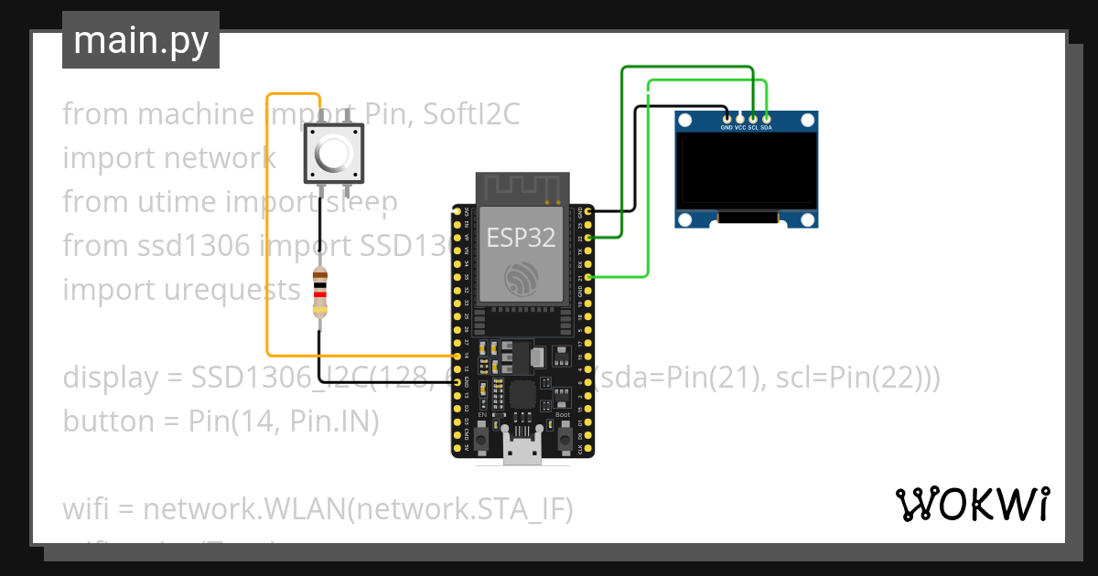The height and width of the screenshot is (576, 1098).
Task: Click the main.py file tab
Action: tap(140, 41)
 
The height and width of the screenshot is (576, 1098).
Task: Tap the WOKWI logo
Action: tap(972, 504)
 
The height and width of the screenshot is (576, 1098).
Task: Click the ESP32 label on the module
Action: tap(521, 238)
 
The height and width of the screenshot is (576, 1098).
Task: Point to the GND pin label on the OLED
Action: tap(726, 129)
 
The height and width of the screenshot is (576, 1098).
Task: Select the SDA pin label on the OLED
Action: tap(767, 129)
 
